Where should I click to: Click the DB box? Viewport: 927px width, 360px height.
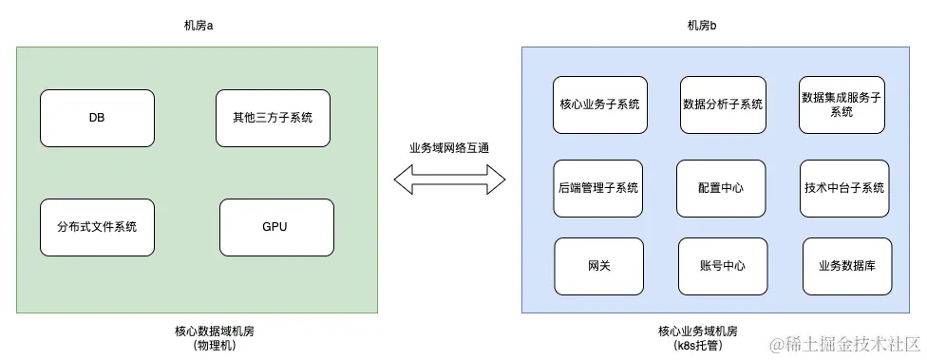click(97, 118)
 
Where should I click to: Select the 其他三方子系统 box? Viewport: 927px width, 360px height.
click(273, 118)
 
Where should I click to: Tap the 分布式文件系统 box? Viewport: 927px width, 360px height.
click(97, 227)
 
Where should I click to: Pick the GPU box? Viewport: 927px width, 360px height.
click(275, 227)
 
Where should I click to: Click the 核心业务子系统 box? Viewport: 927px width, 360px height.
click(600, 104)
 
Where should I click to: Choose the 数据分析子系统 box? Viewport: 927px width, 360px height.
click(723, 104)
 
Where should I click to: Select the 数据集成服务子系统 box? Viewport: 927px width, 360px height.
click(842, 104)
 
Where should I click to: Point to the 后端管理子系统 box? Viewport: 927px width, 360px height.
click(596, 188)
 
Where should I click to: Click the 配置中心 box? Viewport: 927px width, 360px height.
click(720, 188)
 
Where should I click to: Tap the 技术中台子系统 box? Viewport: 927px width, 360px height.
click(843, 188)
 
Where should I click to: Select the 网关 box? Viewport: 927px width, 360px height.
click(598, 266)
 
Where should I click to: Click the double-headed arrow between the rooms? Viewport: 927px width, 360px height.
click(450, 180)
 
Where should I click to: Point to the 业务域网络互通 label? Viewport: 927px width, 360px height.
click(450, 148)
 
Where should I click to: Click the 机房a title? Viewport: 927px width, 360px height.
click(198, 25)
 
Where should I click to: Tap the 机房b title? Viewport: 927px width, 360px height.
click(702, 25)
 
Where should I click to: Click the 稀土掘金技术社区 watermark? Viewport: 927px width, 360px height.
click(845, 343)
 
